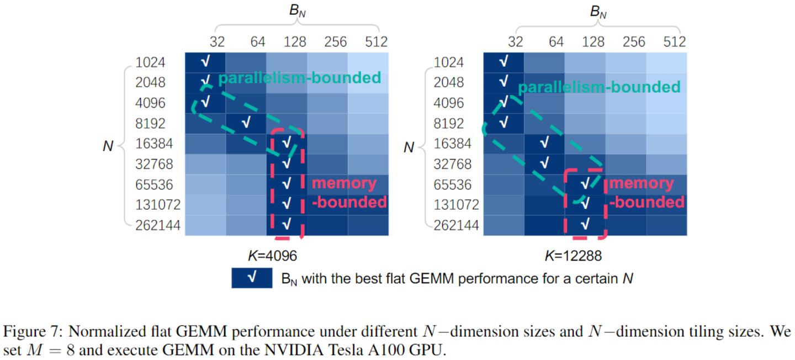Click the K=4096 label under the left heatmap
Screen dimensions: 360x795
(272, 256)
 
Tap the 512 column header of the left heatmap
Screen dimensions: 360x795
(375, 41)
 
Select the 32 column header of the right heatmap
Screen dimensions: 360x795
(515, 41)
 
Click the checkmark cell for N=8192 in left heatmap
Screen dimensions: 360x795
(246, 123)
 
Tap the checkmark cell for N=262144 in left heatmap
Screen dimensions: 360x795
(286, 225)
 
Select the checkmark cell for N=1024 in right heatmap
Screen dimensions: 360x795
(504, 62)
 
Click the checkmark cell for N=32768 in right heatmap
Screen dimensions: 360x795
(544, 163)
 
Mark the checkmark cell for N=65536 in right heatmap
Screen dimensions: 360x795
(585, 184)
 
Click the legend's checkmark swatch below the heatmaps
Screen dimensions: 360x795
(252, 278)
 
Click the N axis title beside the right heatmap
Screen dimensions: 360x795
(409, 147)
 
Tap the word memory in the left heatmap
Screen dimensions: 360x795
(344, 183)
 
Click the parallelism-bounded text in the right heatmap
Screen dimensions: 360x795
(599, 87)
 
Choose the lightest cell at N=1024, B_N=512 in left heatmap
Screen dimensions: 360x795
(368, 62)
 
